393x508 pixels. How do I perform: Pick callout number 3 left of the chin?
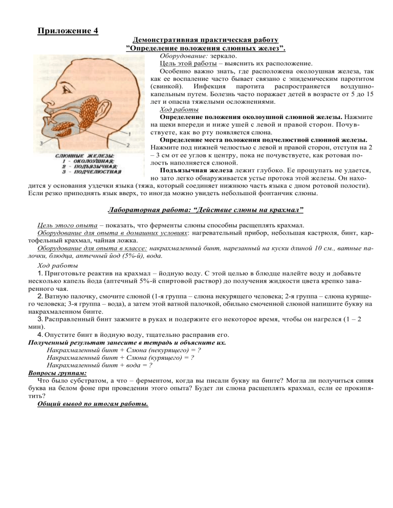(x=40, y=143)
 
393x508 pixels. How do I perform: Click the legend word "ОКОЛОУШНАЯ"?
(x=85, y=160)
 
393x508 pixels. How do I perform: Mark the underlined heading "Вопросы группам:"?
(x=53, y=373)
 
